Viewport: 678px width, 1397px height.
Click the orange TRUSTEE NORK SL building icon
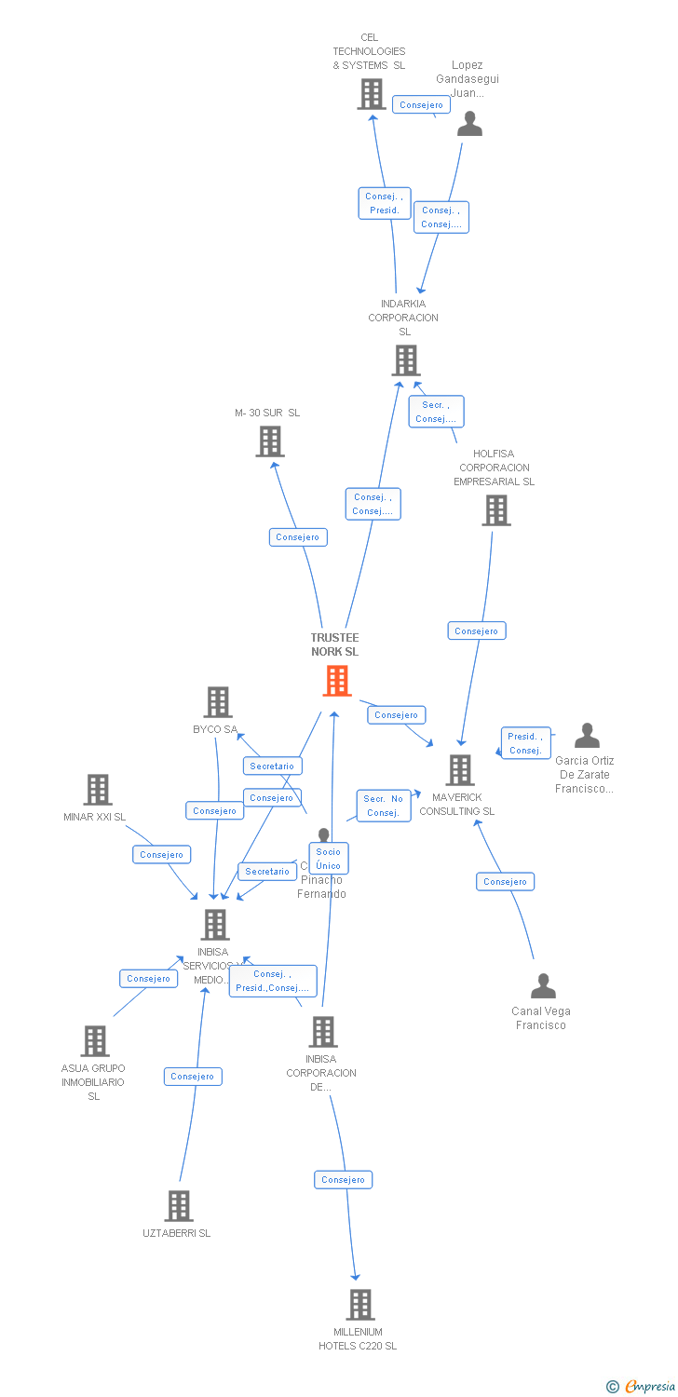point(336,680)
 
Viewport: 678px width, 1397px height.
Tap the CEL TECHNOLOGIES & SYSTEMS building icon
point(371,94)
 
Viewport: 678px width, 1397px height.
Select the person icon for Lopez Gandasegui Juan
point(469,124)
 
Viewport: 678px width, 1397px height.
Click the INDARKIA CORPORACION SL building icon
point(405,360)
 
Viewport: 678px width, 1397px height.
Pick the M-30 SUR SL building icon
point(269,441)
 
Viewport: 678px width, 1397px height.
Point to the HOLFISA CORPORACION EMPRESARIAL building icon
point(495,510)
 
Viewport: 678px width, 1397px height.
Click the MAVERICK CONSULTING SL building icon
point(459,770)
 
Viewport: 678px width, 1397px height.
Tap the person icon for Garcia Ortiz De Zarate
point(586,736)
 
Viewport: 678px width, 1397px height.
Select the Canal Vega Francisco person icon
point(542,985)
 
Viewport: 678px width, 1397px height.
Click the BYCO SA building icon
point(217,702)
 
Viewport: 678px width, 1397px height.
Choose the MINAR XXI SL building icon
point(97,790)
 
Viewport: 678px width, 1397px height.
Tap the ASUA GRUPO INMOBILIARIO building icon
point(95,1041)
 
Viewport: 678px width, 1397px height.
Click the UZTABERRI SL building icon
point(178,1206)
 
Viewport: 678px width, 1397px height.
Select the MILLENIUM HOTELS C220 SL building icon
point(359,1305)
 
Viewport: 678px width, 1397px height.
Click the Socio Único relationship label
point(328,859)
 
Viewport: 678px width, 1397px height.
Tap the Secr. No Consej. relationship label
point(383,806)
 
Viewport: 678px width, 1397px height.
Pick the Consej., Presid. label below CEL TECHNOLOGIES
point(384,203)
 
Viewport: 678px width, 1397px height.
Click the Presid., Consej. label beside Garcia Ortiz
point(525,743)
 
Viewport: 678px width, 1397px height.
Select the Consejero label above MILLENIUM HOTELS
point(343,1180)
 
